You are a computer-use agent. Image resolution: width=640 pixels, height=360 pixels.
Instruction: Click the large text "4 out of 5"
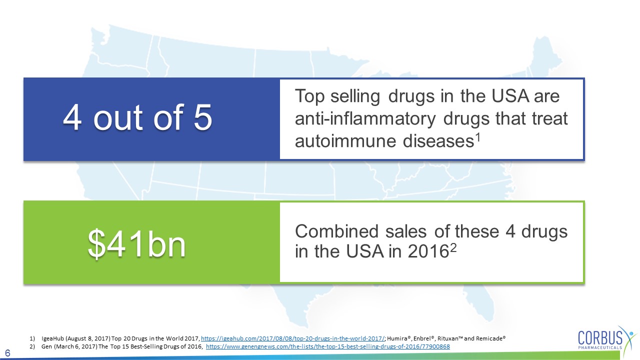click(x=137, y=117)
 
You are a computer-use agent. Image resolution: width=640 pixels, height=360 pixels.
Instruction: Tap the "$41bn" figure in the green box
click(x=137, y=244)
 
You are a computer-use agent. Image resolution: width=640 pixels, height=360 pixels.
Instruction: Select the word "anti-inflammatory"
click(x=365, y=118)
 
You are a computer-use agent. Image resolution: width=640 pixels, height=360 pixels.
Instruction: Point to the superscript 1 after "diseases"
click(x=477, y=138)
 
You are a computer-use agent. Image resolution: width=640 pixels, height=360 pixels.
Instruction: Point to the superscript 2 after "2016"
click(x=453, y=247)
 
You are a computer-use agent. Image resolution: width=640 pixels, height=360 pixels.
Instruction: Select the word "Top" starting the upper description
click(x=309, y=96)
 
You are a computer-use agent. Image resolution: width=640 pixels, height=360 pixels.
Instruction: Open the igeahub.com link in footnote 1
click(x=293, y=338)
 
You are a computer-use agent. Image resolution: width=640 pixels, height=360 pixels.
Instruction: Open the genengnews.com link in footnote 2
click(x=327, y=346)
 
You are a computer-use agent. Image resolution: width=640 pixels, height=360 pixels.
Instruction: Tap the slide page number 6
click(x=7, y=353)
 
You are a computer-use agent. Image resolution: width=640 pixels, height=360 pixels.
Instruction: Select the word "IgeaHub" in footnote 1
click(x=53, y=338)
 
